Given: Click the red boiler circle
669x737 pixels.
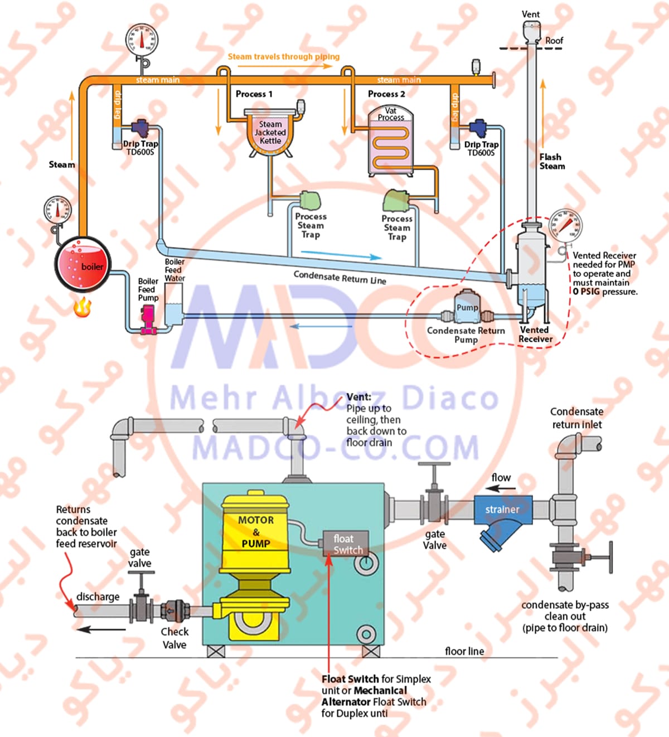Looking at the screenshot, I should [83, 264].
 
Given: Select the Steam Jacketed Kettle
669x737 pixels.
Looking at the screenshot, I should [270, 133].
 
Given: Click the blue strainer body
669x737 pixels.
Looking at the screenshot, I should [502, 516].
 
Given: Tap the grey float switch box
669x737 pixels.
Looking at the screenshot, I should [346, 544].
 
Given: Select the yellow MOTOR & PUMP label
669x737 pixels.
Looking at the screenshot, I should [256, 531].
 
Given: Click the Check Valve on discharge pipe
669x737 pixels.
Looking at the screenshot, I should [172, 610].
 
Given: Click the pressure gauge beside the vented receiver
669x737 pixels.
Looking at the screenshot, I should [565, 226].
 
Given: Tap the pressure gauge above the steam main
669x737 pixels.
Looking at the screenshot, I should [142, 40].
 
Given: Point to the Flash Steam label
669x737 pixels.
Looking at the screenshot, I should [551, 161].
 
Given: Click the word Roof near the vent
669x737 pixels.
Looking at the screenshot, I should [554, 41].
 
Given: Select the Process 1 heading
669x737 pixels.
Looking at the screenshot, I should [254, 94].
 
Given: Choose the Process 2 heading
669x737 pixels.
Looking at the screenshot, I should [386, 94].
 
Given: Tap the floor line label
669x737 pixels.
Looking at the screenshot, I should [464, 651].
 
